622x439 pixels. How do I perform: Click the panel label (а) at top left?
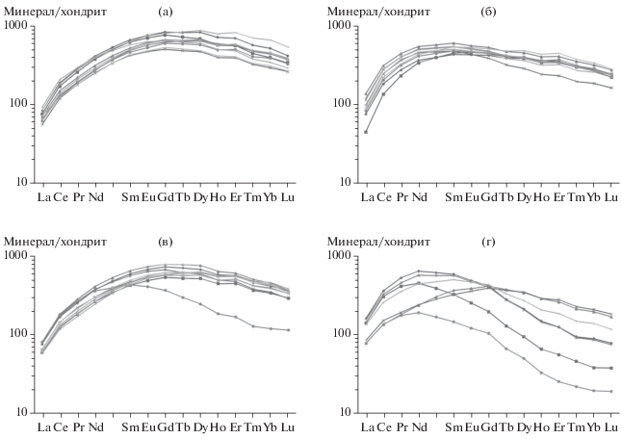167,11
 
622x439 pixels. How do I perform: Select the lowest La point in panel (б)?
366,132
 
